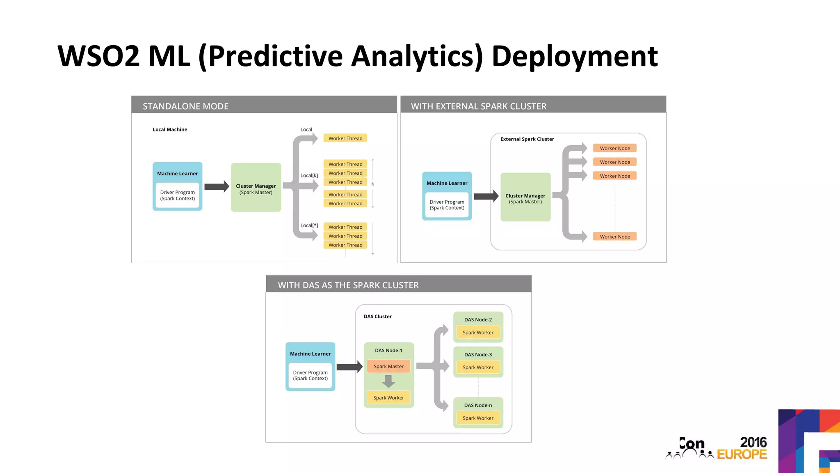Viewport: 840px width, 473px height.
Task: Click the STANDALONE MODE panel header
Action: click(x=185, y=106)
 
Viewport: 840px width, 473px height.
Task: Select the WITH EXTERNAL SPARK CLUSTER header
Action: click(x=478, y=106)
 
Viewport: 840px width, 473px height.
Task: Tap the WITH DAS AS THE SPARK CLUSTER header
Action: click(x=348, y=285)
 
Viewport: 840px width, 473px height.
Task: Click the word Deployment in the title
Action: click(x=574, y=56)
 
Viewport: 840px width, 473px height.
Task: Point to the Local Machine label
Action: click(x=170, y=129)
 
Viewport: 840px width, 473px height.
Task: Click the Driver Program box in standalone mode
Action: click(x=177, y=195)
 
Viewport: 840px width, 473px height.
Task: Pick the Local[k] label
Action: click(x=309, y=175)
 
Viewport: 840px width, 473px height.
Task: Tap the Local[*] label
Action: click(x=309, y=225)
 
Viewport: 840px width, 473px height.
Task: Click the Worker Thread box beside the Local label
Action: click(x=345, y=138)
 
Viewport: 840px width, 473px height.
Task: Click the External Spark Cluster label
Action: click(x=527, y=139)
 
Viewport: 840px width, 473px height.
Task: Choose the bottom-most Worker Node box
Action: click(x=614, y=236)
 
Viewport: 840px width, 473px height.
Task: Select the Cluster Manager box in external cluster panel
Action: click(x=525, y=197)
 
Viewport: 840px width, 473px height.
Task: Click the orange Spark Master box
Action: click(x=388, y=366)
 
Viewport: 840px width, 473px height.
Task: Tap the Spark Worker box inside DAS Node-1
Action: click(x=388, y=397)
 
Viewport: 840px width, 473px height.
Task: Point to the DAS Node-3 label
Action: click(x=478, y=354)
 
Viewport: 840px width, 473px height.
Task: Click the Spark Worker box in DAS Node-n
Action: click(x=478, y=418)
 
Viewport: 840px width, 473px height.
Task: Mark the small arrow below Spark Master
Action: click(x=388, y=382)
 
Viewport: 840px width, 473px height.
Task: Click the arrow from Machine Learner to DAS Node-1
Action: click(x=349, y=367)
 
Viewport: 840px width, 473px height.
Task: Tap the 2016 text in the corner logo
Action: click(x=753, y=442)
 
